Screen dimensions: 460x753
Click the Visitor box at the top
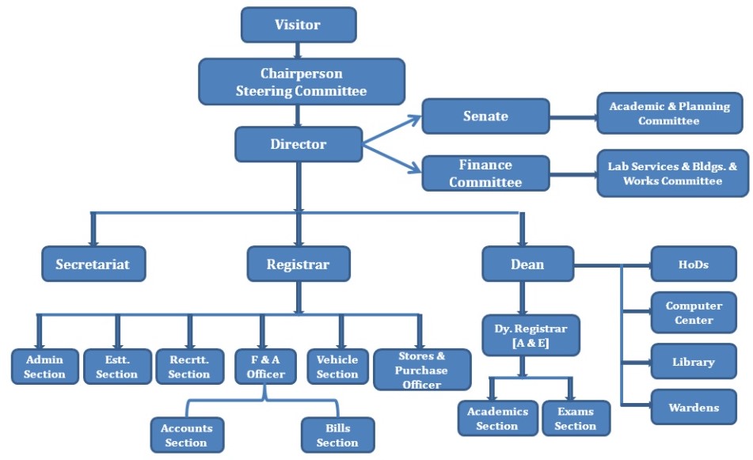click(x=298, y=25)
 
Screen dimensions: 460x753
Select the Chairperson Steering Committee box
click(x=301, y=82)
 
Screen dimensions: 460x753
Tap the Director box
click(x=298, y=144)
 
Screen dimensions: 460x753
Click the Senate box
click(x=485, y=116)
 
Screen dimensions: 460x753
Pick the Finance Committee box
click(x=485, y=173)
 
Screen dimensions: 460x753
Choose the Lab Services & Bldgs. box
click(x=672, y=173)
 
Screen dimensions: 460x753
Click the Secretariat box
click(x=93, y=264)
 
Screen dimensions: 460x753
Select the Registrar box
click(x=298, y=264)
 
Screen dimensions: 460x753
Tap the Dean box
click(x=527, y=264)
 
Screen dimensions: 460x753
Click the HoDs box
click(x=693, y=264)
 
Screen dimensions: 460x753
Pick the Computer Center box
click(x=693, y=313)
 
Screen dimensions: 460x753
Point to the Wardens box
click(x=693, y=407)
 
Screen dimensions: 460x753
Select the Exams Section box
click(x=576, y=418)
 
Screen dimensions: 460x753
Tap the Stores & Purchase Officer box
click(x=421, y=370)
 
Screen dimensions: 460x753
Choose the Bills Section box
click(x=337, y=435)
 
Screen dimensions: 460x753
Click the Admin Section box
click(x=44, y=366)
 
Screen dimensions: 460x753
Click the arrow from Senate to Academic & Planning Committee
click(x=573, y=116)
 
